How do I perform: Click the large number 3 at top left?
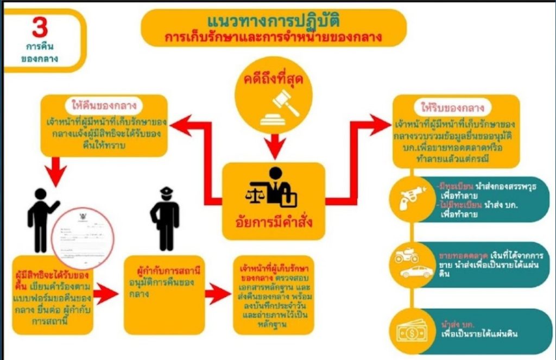40,27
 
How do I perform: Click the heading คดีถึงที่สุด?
277,81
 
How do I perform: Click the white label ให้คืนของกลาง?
103,105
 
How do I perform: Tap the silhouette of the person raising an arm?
42,219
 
